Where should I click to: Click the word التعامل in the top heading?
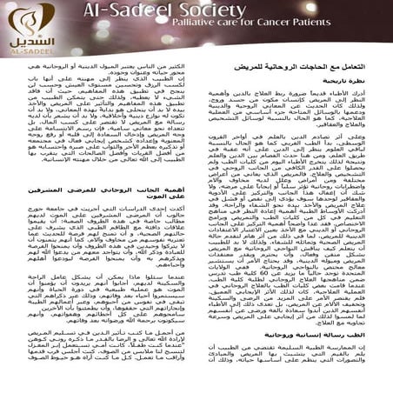pyautogui.click(x=362, y=79)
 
